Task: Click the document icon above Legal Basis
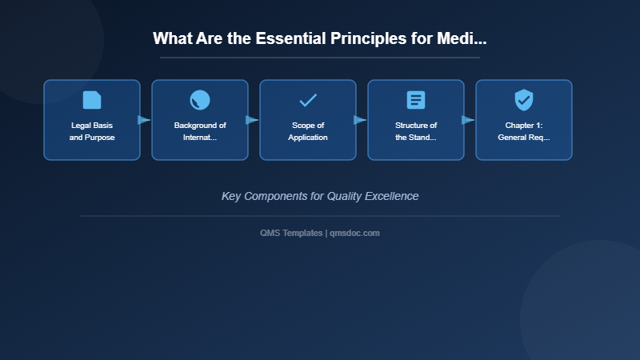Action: pyautogui.click(x=92, y=100)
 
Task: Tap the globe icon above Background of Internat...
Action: pyautogui.click(x=200, y=100)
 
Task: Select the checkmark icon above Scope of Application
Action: pyautogui.click(x=308, y=100)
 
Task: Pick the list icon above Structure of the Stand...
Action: pyautogui.click(x=416, y=100)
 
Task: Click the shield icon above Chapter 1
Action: pyautogui.click(x=524, y=100)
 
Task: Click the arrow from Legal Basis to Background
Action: pyautogui.click(x=145, y=120)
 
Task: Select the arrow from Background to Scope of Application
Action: pyautogui.click(x=253, y=120)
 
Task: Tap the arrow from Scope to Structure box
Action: pyautogui.click(x=361, y=120)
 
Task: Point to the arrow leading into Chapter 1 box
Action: pyautogui.click(x=469, y=120)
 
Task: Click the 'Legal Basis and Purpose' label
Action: pyautogui.click(x=92, y=131)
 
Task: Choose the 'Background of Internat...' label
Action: pyautogui.click(x=200, y=131)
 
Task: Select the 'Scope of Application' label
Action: pyautogui.click(x=308, y=131)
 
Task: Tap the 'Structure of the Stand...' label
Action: pyautogui.click(x=416, y=131)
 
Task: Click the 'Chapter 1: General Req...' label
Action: pyautogui.click(x=524, y=131)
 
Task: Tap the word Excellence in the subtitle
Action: pyautogui.click(x=388, y=196)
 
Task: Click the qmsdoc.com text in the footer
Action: pyautogui.click(x=355, y=233)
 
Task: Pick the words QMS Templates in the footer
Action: pyautogui.click(x=291, y=233)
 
